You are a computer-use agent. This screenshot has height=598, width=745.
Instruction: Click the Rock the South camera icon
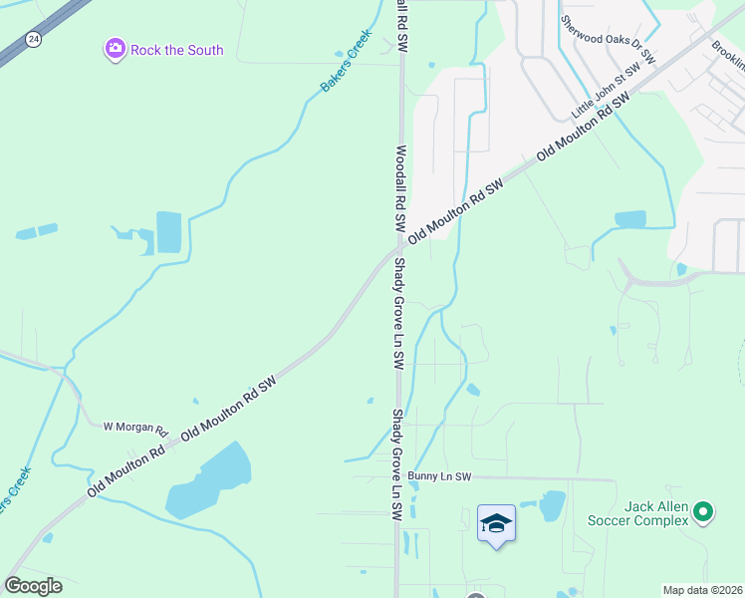115,49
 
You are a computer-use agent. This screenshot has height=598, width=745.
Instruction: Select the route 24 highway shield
33,40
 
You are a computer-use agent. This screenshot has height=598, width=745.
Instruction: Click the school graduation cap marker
496,523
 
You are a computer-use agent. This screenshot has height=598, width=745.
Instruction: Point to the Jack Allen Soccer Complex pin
703,512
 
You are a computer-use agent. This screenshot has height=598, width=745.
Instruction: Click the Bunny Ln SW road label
437,477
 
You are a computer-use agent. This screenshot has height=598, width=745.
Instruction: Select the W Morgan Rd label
134,427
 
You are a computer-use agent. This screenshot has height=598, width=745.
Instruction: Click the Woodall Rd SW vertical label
401,190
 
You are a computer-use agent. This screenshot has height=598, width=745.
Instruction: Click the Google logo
33,586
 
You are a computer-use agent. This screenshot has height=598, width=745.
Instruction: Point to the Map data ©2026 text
702,590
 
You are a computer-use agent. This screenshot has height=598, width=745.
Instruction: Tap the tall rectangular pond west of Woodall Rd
169,233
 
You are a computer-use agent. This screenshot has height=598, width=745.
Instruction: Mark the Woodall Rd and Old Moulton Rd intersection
398,243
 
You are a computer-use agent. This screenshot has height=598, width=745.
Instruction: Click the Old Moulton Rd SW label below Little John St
584,129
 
